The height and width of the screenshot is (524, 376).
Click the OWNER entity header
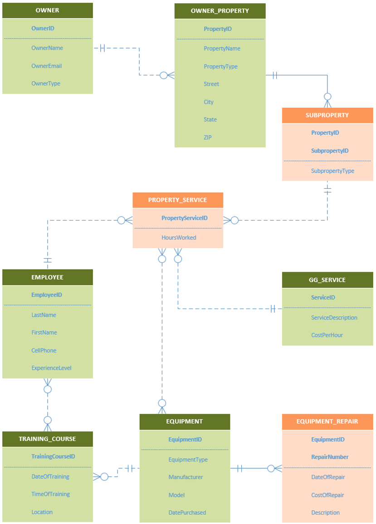47,10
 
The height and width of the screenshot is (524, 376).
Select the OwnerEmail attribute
46,66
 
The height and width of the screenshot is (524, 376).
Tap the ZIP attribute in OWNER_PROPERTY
208,137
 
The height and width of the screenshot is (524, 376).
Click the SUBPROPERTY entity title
327,115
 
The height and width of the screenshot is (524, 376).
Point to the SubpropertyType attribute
332,171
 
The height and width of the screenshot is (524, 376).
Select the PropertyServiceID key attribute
184,218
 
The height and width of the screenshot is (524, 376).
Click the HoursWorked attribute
179,237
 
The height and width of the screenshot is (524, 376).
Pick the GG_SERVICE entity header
327,280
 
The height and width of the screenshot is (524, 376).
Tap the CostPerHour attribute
327,335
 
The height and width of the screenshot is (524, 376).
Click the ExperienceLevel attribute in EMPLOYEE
51,368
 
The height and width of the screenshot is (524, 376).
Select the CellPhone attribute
44,350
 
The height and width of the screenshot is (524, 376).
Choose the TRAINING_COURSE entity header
47,439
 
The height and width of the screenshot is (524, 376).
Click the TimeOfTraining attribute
50,494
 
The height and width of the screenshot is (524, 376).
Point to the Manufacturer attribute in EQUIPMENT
186,477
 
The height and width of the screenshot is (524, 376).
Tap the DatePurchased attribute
187,513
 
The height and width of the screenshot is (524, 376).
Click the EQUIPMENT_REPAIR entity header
327,421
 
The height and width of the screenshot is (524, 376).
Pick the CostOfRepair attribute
327,495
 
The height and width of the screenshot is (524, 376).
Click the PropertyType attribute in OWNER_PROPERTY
220,66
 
